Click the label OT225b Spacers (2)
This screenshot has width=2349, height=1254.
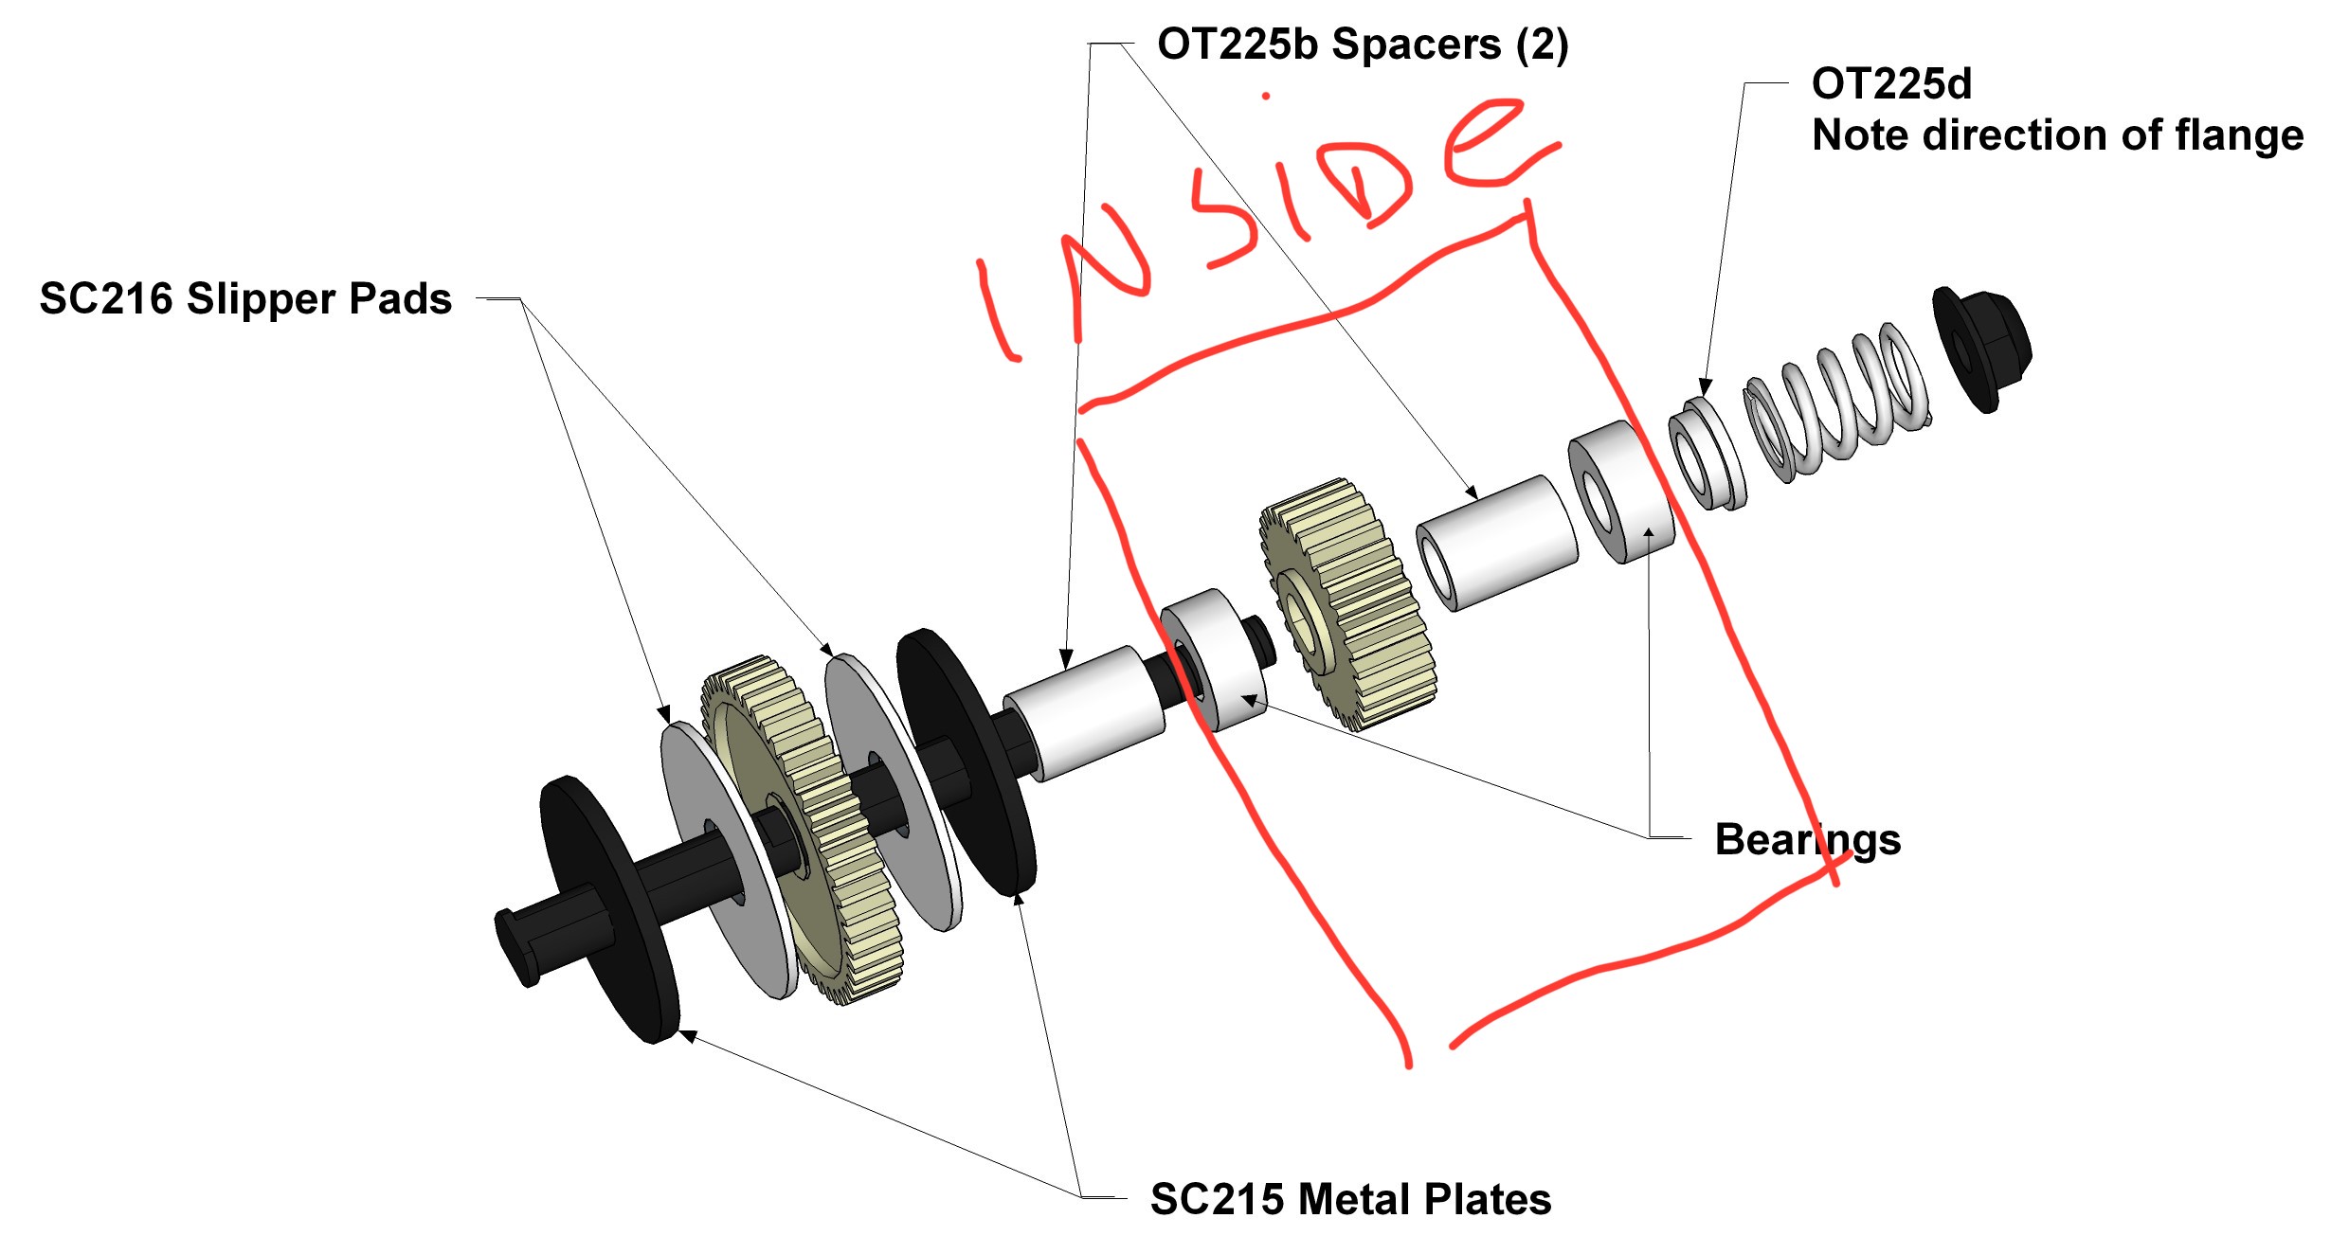pyautogui.click(x=1363, y=45)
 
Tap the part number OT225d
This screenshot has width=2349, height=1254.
pyautogui.click(x=1891, y=83)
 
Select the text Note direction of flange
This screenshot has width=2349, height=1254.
pyautogui.click(x=2057, y=135)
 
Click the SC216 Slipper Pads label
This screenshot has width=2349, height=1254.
pyautogui.click(x=245, y=298)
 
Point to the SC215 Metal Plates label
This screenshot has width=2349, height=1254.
pyautogui.click(x=1350, y=1199)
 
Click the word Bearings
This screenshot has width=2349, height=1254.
pyautogui.click(x=1808, y=840)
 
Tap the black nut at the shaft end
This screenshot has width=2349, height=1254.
pyautogui.click(x=1982, y=349)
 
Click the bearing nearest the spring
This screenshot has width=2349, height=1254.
pyautogui.click(x=1621, y=493)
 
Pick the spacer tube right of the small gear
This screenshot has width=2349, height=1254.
pyautogui.click(x=1497, y=543)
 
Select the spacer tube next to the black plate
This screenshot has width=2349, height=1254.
pyautogui.click(x=1084, y=713)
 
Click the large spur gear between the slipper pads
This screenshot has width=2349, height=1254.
pyautogui.click(x=802, y=830)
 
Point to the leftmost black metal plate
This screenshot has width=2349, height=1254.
pyautogui.click(x=608, y=909)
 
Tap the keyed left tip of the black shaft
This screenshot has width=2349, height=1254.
pyautogui.click(x=516, y=946)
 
